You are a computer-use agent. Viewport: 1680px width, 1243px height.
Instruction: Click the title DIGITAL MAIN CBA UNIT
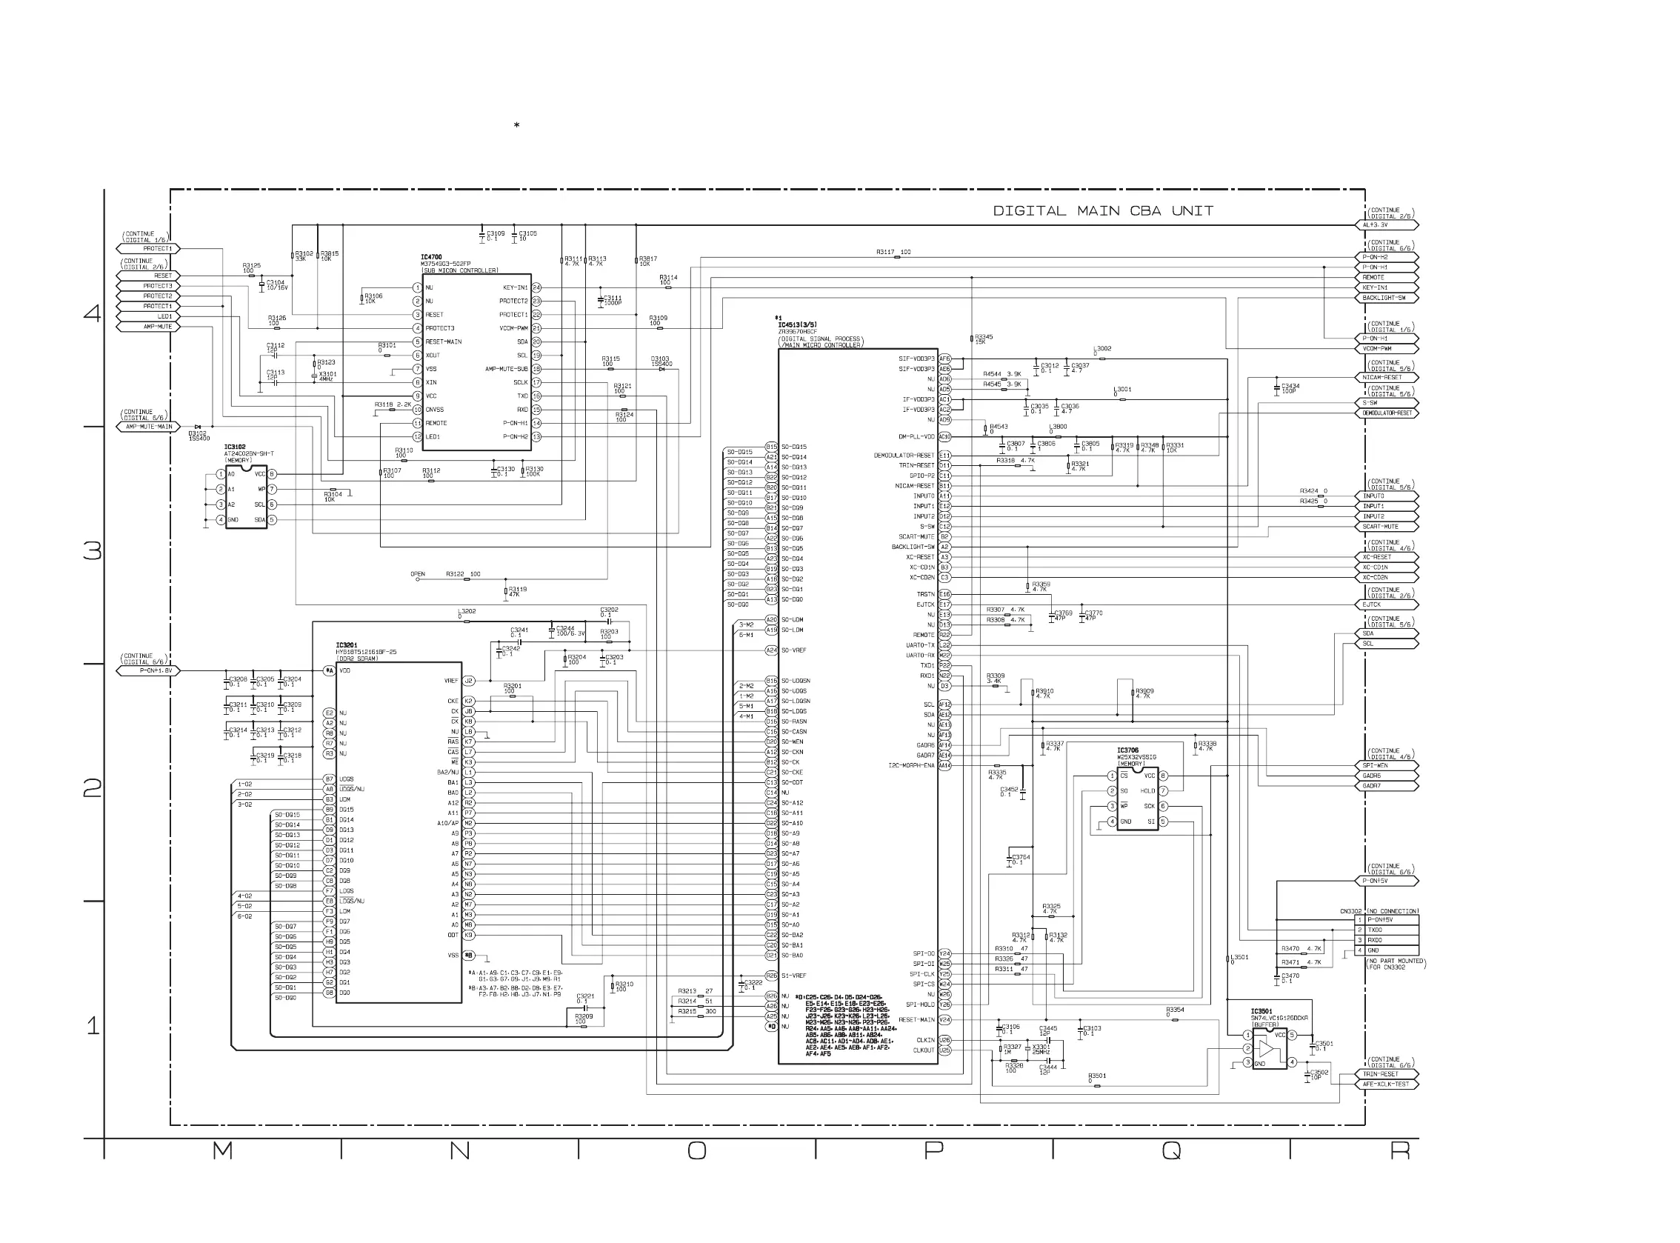1103,211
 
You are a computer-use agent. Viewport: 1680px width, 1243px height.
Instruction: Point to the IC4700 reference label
431,257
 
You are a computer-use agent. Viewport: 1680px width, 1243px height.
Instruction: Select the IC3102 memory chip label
235,447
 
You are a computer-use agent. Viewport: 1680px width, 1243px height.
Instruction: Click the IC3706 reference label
1127,751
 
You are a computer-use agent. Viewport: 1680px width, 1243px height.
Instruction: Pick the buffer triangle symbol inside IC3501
1265,1049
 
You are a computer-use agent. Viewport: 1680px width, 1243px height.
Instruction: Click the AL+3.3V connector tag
1389,225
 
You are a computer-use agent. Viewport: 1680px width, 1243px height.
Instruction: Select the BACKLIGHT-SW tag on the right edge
1389,298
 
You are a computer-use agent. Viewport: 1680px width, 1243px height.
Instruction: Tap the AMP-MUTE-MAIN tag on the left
149,427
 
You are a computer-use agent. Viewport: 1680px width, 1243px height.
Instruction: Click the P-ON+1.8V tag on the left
149,670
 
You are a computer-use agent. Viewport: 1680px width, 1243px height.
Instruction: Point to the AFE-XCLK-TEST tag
1389,1084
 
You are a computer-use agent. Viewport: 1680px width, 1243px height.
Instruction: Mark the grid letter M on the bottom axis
222,1150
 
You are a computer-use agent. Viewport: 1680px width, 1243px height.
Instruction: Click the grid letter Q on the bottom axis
1171,1150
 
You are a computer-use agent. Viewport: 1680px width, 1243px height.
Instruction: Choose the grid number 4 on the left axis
93,313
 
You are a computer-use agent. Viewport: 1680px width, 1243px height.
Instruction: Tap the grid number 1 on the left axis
93,1025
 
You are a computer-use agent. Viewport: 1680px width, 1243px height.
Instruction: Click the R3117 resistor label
894,252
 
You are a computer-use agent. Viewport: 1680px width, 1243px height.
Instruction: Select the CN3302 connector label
1351,911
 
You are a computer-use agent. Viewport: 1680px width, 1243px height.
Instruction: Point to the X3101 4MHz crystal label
327,374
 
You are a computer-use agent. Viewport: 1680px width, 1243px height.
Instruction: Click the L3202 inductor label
467,611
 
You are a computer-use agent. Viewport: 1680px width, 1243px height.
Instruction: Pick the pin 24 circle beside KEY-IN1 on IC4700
537,287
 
